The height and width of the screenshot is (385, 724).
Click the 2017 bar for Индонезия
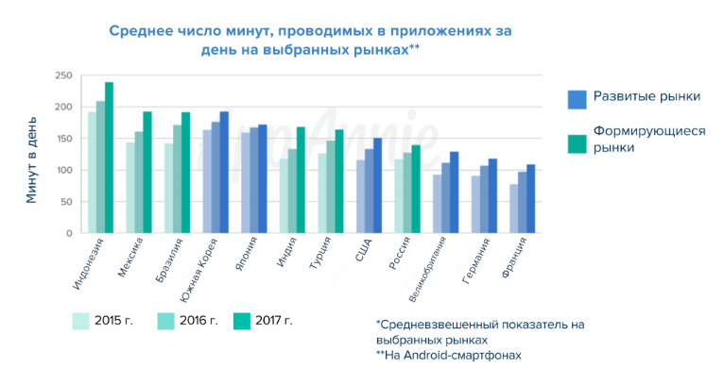(110, 158)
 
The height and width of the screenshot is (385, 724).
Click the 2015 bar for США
(361, 196)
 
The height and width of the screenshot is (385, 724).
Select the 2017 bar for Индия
(301, 180)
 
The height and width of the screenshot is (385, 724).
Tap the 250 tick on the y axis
(64, 75)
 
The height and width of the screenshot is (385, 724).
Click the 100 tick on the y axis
(64, 170)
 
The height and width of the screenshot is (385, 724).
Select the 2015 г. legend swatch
(81, 321)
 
